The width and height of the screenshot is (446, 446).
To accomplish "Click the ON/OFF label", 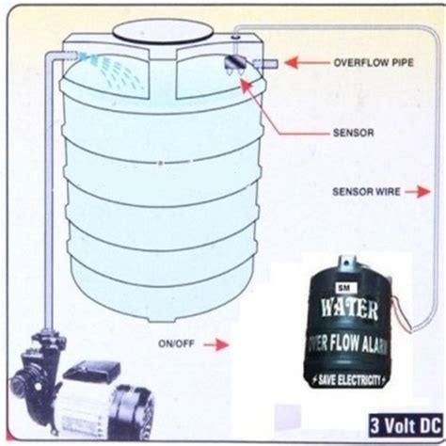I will click(x=176, y=344).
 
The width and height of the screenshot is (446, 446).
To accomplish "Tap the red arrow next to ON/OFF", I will click(x=215, y=344).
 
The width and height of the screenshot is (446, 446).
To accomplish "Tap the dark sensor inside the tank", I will click(x=235, y=64).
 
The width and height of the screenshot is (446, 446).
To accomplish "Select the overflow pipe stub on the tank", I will click(x=264, y=63).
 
